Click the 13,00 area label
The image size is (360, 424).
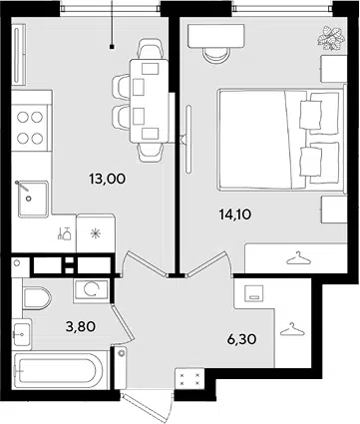pyautogui.click(x=107, y=180)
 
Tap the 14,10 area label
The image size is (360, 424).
pyautogui.click(x=234, y=214)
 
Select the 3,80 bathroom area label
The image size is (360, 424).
pyautogui.click(x=81, y=327)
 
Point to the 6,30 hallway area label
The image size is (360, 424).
pyautogui.click(x=241, y=339)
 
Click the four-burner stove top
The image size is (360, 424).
pyautogui.click(x=30, y=128)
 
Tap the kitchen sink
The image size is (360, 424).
pyautogui.click(x=33, y=199)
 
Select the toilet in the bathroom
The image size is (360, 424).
pyautogui.click(x=37, y=297)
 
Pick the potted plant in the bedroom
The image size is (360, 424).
pyautogui.click(x=330, y=39)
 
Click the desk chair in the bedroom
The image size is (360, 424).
pyautogui.click(x=216, y=55)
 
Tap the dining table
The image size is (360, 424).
pyautogui.click(x=150, y=101)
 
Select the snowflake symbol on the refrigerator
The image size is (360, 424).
pyautogui.click(x=96, y=233)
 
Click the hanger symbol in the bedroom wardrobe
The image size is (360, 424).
pyautogui.click(x=298, y=258)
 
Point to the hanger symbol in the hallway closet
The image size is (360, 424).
pyautogui.click(x=292, y=329)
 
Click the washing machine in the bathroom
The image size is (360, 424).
pyautogui.click(x=91, y=290)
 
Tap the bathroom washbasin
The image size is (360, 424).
pyautogui.click(x=22, y=334)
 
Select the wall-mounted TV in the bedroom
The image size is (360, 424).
pyautogui.click(x=188, y=139)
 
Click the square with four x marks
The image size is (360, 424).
pyautogui.click(x=189, y=379)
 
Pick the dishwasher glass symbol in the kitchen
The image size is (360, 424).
pyautogui.click(x=65, y=233)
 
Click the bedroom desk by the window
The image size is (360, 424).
pyautogui.click(x=216, y=36)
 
